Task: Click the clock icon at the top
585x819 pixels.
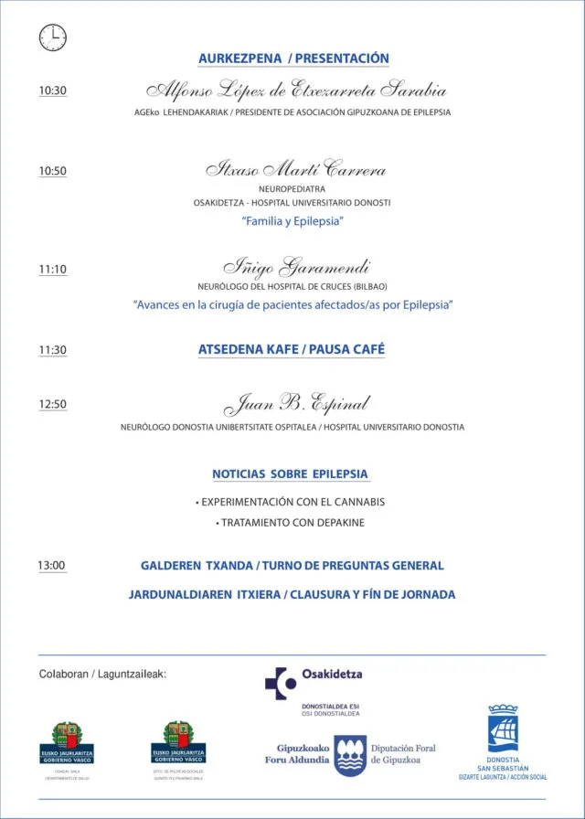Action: click(x=53, y=37)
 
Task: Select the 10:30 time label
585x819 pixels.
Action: click(x=53, y=91)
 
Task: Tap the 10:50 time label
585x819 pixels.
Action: click(x=53, y=171)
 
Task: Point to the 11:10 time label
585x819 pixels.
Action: click(x=53, y=270)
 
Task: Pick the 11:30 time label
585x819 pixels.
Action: click(x=53, y=350)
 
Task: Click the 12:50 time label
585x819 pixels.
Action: click(x=53, y=404)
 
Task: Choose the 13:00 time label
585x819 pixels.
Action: click(x=52, y=566)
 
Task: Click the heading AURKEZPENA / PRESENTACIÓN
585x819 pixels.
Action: click(x=293, y=58)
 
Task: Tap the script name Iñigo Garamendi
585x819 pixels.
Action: click(x=297, y=267)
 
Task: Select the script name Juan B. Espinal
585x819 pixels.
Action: click(x=297, y=403)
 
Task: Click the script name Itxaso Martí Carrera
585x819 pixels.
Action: click(x=295, y=170)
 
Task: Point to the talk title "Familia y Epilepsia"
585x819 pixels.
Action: click(x=292, y=221)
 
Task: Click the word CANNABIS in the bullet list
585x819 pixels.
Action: click(x=353, y=502)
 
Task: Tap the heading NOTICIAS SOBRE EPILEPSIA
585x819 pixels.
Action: click(x=291, y=474)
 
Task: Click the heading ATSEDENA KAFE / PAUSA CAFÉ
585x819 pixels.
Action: click(x=292, y=349)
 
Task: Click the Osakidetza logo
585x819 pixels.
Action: click(x=314, y=680)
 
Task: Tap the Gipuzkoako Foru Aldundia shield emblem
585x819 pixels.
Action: click(x=350, y=754)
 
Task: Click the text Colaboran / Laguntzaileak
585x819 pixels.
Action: click(x=102, y=675)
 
